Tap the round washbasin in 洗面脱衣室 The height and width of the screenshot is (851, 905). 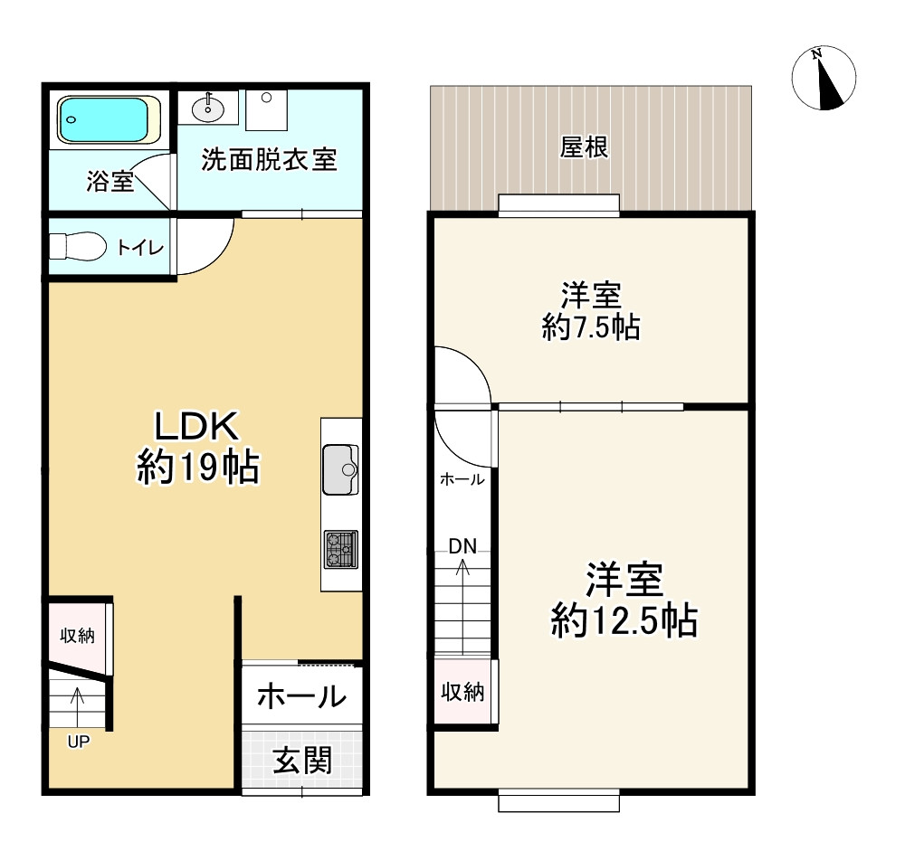(209, 109)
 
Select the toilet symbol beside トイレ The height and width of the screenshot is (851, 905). (76, 247)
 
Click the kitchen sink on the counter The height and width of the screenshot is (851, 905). (340, 469)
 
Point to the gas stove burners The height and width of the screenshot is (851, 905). (341, 549)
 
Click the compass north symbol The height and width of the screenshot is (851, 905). (824, 79)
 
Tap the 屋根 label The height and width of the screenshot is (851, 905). (584, 147)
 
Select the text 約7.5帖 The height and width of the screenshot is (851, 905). (591, 327)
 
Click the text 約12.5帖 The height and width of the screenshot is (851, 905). (624, 620)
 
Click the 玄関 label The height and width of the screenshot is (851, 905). (302, 761)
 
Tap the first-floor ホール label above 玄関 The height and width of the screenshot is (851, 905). (301, 696)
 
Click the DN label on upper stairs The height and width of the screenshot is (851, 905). (462, 545)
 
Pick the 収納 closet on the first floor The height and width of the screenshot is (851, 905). (77, 636)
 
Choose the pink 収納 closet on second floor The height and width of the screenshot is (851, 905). (462, 693)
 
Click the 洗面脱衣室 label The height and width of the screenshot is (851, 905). (269, 160)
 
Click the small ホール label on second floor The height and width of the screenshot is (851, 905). (462, 480)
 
